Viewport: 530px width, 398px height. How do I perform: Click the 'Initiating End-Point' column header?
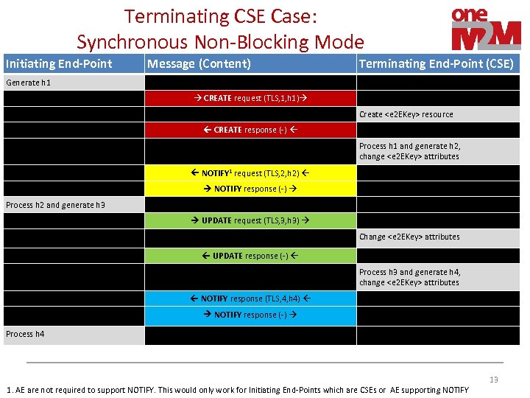[x=59, y=63]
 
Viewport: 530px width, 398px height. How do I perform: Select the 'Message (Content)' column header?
[x=199, y=63]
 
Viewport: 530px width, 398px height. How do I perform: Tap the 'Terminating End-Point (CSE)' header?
[x=436, y=63]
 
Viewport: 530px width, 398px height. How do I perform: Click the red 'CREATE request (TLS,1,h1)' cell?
[x=250, y=98]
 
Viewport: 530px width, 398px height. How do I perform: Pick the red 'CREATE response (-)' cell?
[x=250, y=130]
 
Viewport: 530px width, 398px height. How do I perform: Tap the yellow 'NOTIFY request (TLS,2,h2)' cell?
[x=250, y=173]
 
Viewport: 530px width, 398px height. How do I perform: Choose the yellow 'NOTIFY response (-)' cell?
[x=250, y=189]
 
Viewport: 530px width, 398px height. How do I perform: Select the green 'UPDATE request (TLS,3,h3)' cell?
[x=250, y=220]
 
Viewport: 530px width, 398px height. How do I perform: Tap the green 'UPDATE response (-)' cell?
[x=250, y=256]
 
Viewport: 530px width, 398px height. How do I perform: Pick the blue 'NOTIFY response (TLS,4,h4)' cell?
[x=250, y=298]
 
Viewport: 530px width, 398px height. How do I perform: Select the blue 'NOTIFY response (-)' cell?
[x=250, y=315]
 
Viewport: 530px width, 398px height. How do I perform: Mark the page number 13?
[x=493, y=380]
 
